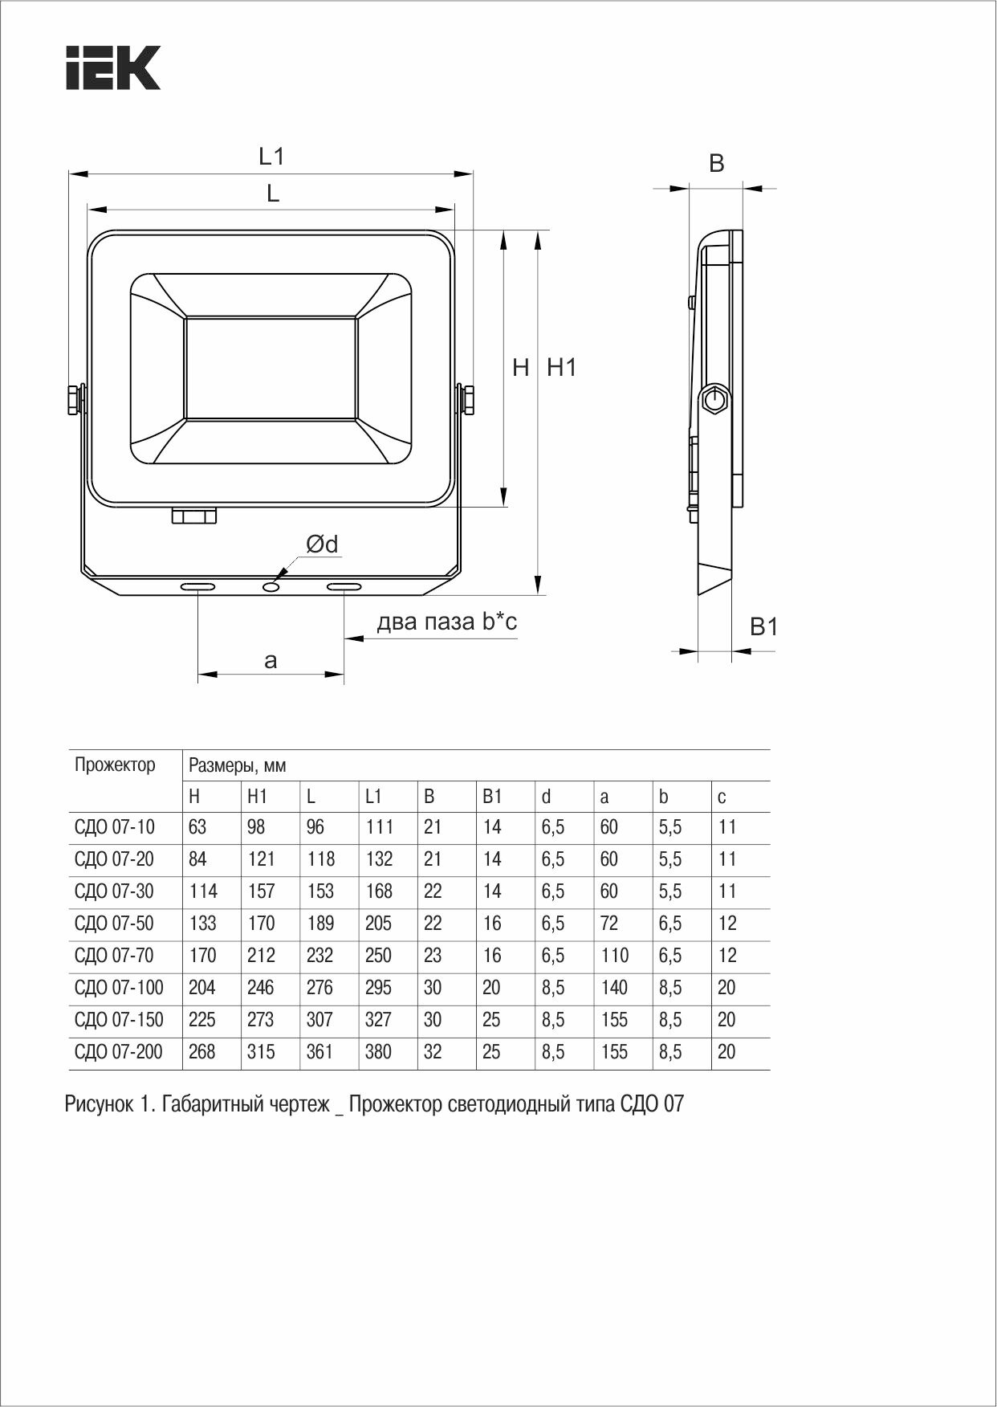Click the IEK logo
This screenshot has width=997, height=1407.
coord(113,67)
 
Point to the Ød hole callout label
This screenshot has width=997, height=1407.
coord(322,544)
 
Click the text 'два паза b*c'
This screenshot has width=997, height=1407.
coord(447,622)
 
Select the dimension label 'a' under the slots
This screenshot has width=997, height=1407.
coord(271,661)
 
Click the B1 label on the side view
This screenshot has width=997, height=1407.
coord(763,626)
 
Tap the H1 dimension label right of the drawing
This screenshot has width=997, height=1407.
coord(562,368)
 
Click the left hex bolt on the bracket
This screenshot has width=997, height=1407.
coord(73,399)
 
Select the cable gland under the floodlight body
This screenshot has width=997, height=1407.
coord(194,515)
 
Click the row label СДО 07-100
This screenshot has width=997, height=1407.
coord(119,988)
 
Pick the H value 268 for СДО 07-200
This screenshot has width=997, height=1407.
coord(202,1052)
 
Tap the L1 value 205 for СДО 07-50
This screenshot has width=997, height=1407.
coord(379,924)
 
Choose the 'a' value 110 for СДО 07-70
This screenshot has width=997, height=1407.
coord(614,956)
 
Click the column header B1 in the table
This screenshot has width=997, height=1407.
coord(491,797)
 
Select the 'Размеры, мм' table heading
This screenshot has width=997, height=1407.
coord(238,766)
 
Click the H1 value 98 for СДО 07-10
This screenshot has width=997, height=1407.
coord(256,827)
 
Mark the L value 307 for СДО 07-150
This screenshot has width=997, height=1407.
coord(319,1020)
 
